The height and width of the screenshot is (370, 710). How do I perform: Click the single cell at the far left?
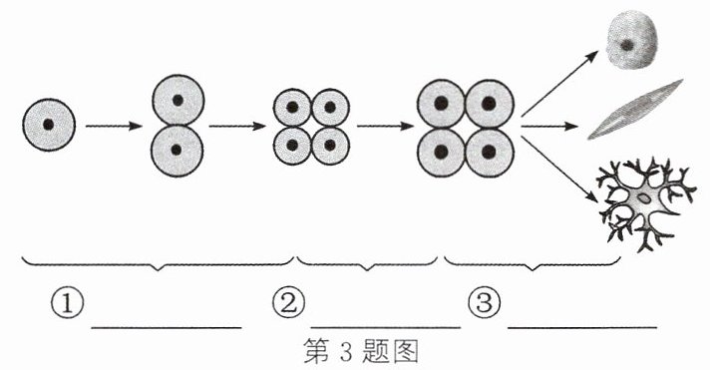(x=49, y=125)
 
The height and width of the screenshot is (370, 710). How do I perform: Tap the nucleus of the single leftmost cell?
(x=49, y=125)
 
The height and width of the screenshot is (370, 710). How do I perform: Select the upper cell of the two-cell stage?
(x=177, y=100)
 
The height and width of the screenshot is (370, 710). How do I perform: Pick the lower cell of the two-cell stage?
(x=177, y=150)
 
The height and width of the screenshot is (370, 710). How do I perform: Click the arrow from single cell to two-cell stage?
(x=114, y=126)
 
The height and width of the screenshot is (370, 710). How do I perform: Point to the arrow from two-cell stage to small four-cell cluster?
(x=237, y=126)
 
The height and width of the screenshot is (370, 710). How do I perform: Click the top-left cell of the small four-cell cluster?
(x=292, y=108)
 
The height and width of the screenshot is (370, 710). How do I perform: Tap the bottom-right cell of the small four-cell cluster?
(x=330, y=146)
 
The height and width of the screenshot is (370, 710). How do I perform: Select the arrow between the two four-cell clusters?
(x=385, y=126)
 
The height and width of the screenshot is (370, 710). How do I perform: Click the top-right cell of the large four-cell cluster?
(x=490, y=104)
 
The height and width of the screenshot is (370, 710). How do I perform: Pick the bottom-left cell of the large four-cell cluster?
(x=441, y=153)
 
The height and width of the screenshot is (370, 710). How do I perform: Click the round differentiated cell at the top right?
(x=632, y=40)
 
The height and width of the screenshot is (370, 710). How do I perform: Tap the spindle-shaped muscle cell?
(x=635, y=109)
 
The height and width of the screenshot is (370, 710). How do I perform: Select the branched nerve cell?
(x=645, y=203)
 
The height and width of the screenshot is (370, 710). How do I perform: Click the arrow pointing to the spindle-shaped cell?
(x=549, y=126)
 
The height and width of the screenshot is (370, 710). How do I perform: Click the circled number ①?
(x=67, y=304)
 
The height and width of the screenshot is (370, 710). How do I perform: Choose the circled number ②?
(x=288, y=303)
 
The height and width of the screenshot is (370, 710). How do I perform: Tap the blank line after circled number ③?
(x=582, y=326)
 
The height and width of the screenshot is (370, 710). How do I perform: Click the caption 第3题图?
(x=361, y=352)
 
